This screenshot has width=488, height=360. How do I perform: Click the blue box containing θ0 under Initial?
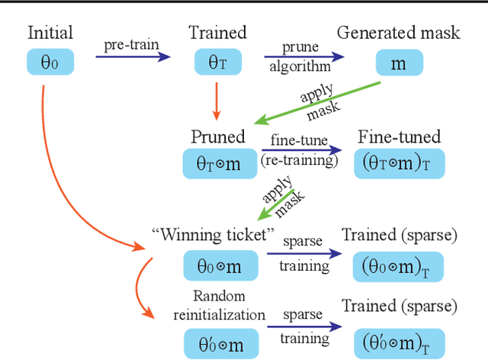tap(49, 62)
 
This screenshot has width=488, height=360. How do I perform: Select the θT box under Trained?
tap(218, 62)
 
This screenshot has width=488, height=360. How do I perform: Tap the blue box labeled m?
tap(399, 62)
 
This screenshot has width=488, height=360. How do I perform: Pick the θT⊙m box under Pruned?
tap(219, 164)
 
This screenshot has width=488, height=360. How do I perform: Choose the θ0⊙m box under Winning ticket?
tap(219, 265)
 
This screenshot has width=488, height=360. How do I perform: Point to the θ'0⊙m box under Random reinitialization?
tap(219, 343)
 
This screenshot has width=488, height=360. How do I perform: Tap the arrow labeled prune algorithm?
tap(303, 55)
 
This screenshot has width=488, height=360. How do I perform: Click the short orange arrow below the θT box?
tap(217, 99)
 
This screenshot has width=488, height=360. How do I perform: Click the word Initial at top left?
tap(50, 33)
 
